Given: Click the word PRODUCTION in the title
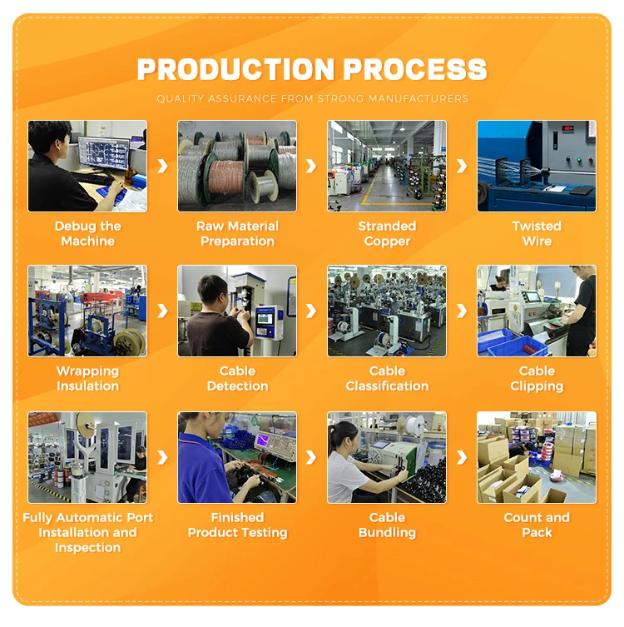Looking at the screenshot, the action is (235, 70).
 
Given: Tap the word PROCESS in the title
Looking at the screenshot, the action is (415, 70).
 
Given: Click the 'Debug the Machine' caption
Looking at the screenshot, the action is (88, 233).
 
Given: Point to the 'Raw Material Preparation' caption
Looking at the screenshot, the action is (237, 233).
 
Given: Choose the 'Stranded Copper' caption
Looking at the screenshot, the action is (387, 233).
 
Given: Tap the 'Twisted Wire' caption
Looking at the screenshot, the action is (537, 233).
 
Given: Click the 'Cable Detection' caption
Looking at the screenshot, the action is (237, 378).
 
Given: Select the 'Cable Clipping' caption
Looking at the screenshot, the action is (537, 378).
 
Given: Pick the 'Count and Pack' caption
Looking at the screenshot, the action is (537, 525).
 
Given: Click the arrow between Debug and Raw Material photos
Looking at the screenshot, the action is (162, 166).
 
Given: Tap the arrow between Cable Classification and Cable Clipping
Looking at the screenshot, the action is (462, 311).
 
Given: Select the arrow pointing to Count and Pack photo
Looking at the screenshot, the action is (462, 457).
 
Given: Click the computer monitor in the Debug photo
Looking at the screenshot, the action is (104, 152).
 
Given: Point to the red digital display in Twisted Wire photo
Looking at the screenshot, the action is (567, 128).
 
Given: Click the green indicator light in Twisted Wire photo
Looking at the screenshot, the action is (579, 160).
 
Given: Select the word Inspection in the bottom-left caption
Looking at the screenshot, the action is (88, 547).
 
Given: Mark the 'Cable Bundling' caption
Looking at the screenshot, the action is (387, 525).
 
